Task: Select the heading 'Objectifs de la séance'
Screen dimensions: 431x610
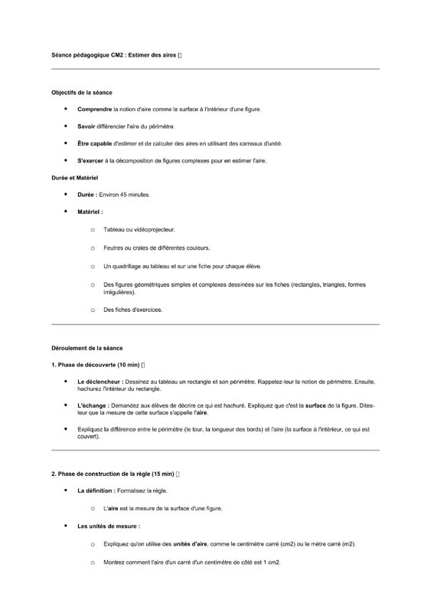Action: [x=81, y=92]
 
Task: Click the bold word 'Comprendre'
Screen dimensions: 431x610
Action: [x=94, y=110]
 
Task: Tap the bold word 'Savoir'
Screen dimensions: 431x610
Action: [x=86, y=126]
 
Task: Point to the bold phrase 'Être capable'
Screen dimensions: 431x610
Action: [x=94, y=143]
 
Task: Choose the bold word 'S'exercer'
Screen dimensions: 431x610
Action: [x=90, y=161]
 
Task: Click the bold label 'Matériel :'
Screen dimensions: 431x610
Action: [x=90, y=212]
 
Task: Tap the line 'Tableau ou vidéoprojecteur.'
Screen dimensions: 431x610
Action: [x=139, y=229]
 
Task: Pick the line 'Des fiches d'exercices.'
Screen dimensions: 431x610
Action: [x=132, y=310]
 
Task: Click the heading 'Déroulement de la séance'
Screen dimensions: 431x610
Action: [x=87, y=348]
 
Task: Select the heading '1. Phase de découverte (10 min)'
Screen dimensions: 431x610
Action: [x=95, y=364]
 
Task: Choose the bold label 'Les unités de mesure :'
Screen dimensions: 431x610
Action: [x=109, y=526]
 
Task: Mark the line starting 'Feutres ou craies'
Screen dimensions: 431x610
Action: [x=156, y=248]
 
